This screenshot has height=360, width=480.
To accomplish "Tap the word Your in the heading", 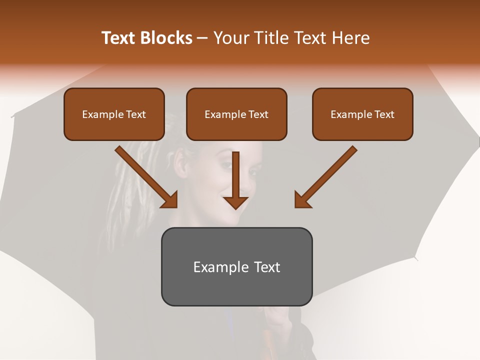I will (230, 38).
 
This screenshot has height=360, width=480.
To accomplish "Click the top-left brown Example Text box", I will (114, 114).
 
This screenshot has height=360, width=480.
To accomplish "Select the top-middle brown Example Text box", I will (236, 114).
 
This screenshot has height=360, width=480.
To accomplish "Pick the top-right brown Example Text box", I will (362, 114).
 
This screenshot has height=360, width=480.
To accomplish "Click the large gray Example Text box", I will (236, 267).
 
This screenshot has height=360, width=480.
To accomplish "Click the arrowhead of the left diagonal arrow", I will (170, 199).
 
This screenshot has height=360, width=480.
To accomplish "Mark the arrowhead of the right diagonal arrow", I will (302, 199).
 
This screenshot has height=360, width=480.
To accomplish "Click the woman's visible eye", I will (253, 172).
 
